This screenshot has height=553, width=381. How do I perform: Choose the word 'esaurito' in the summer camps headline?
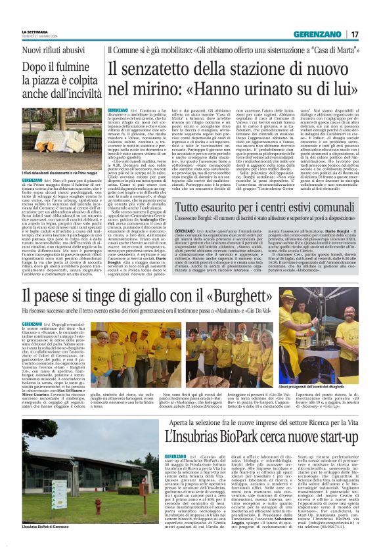coord(217,190)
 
